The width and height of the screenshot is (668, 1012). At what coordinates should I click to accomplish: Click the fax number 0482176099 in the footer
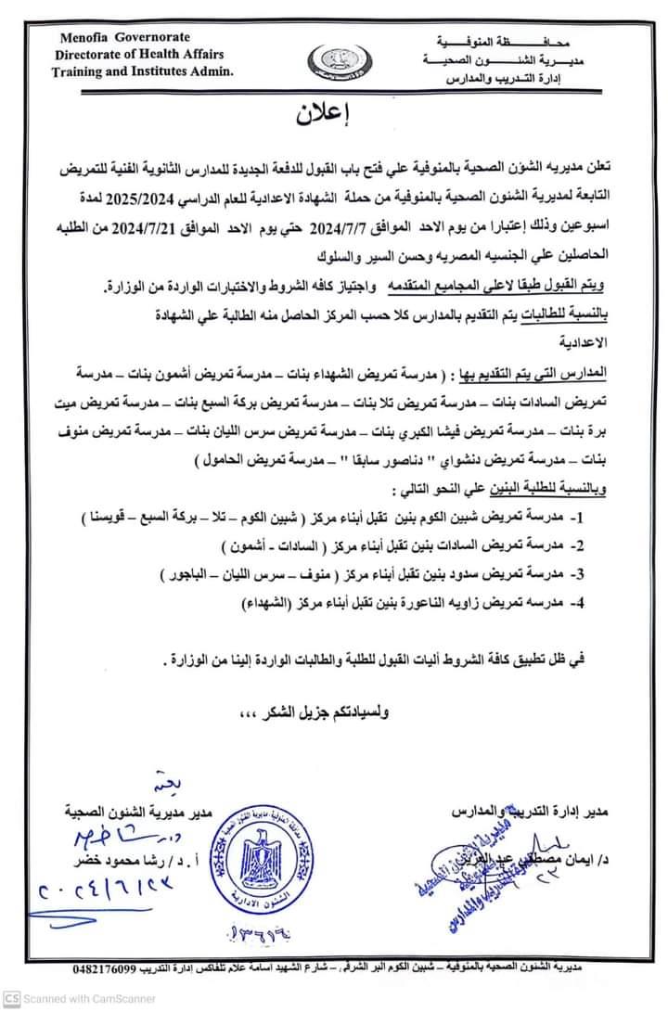pos(108,968)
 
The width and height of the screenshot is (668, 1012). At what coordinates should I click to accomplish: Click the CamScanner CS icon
pos(10,998)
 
